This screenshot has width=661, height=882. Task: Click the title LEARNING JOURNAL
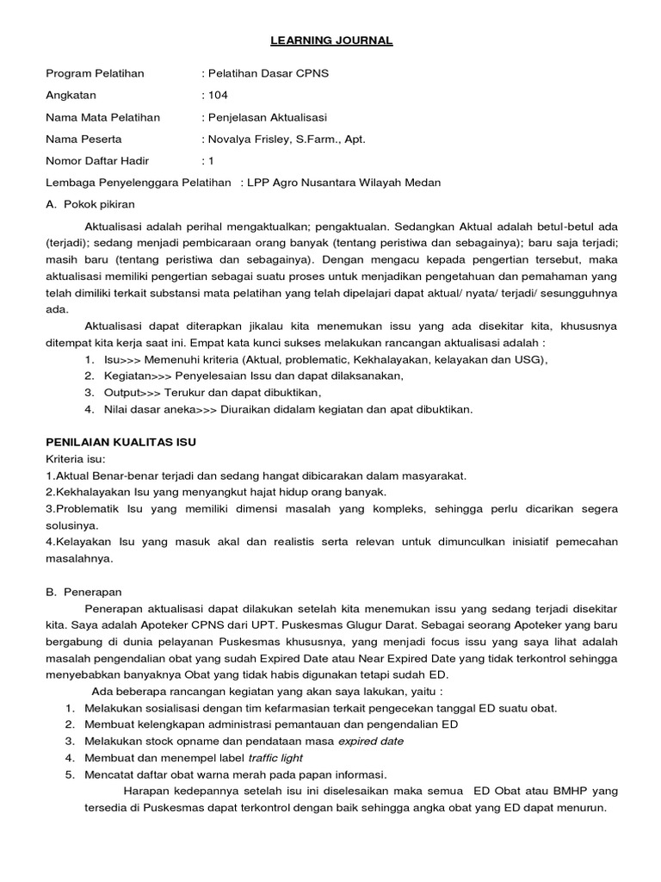pos(331,40)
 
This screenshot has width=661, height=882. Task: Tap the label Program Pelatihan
pos(94,73)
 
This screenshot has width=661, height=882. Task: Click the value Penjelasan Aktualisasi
pos(265,117)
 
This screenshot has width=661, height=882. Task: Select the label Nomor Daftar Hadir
pos(97,160)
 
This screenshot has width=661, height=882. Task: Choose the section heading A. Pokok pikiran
pos(90,204)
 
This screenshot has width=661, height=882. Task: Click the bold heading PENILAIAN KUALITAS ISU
pos(120,442)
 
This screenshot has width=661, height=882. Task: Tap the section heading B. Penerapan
pos(83,592)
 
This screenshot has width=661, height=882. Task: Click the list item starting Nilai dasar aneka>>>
pos(278,409)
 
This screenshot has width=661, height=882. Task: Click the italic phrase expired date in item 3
pos(370,741)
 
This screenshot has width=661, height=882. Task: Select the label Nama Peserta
pos(83,139)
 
